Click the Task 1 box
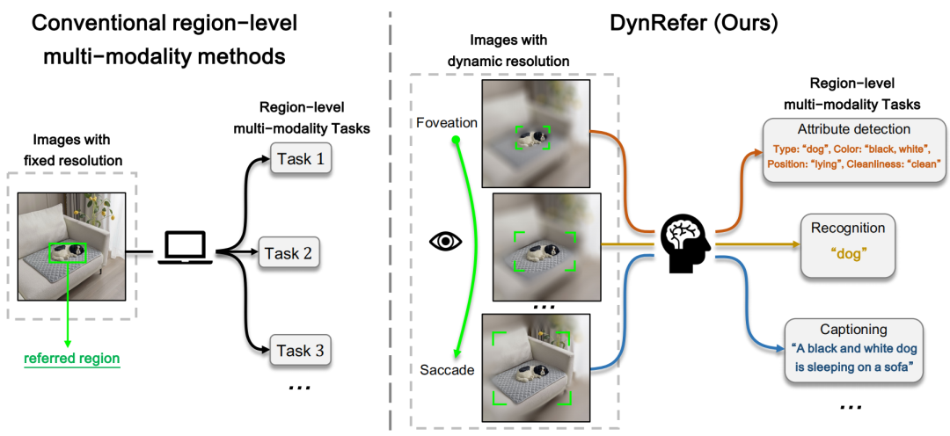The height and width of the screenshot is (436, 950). pyautogui.click(x=300, y=158)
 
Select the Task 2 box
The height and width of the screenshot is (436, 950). pyautogui.click(x=294, y=255)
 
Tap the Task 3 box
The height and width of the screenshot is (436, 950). pyautogui.click(x=300, y=352)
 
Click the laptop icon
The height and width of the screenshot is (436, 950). pyautogui.click(x=185, y=248)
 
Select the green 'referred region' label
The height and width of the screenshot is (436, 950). pyautogui.click(x=72, y=359)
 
